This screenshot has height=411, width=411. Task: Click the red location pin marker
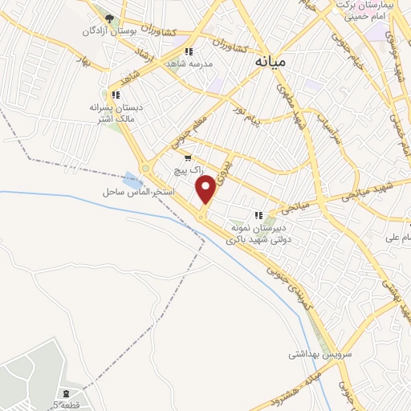[206, 189]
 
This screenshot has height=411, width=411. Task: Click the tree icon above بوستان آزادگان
[109, 18]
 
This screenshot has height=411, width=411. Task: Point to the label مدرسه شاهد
[189, 63]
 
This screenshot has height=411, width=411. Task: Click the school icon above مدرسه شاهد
[189, 51]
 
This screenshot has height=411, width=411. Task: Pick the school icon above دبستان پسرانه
[115, 95]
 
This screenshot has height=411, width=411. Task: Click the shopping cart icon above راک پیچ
[188, 158]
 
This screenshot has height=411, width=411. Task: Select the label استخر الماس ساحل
[133, 193]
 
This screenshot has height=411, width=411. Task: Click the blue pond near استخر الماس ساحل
[132, 178]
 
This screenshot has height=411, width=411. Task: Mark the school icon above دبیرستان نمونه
[258, 215]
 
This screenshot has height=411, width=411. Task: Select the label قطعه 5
[67, 405]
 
